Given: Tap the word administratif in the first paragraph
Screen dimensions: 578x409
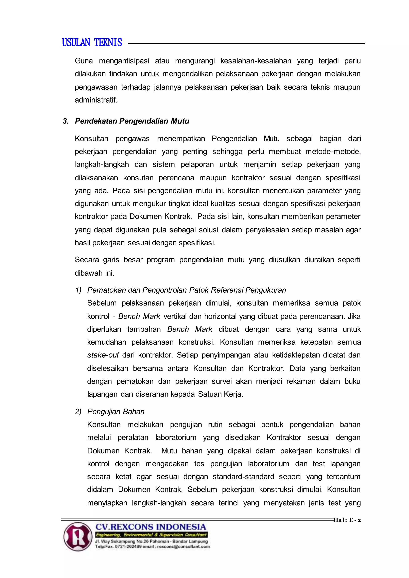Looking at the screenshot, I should [96, 100].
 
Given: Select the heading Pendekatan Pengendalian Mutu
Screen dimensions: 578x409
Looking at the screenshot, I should [132, 121].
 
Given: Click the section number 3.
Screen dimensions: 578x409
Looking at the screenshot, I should [66, 121].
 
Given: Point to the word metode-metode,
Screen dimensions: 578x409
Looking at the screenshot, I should [333, 151].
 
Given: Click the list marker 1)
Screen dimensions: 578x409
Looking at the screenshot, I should [78, 290].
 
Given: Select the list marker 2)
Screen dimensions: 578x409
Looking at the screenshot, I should [78, 412].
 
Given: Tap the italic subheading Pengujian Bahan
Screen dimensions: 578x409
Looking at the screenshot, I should [116, 412].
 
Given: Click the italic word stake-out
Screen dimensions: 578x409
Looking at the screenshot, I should [103, 355].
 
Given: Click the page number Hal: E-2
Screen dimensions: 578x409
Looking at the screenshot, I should [347, 520].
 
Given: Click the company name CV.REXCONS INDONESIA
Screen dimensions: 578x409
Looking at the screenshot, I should [151, 527].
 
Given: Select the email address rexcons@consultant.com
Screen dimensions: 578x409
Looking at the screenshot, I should [183, 546].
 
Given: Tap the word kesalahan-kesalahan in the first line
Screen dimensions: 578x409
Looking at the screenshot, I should [256, 61].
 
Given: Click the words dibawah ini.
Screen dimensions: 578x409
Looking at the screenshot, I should [94, 273].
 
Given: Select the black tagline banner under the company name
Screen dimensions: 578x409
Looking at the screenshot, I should [151, 535].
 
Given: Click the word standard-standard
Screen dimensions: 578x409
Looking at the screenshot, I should [243, 477].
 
